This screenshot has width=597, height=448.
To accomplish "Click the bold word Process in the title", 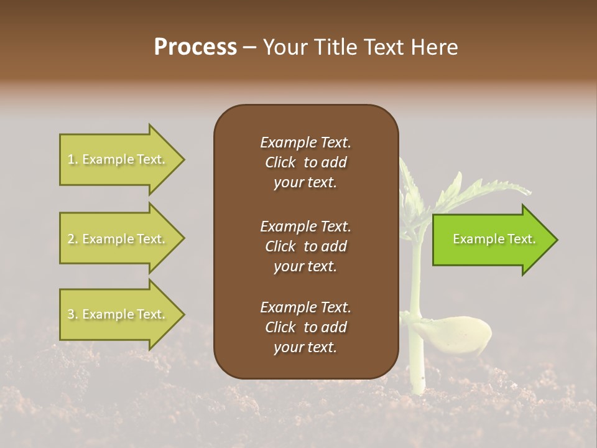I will [195, 47].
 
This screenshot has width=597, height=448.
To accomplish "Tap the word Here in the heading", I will [435, 47].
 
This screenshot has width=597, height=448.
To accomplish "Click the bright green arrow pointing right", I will [491, 240].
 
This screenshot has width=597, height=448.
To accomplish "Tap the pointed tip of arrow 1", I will [183, 159].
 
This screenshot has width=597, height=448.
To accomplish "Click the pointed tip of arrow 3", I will [183, 314].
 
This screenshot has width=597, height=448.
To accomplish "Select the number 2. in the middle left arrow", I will [73, 239].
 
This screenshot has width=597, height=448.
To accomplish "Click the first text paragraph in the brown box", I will [305, 162].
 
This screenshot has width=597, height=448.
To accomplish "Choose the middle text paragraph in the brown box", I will [305, 246].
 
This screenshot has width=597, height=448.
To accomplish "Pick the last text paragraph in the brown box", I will [305, 327].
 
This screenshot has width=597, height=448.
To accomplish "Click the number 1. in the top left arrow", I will [73, 159].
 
